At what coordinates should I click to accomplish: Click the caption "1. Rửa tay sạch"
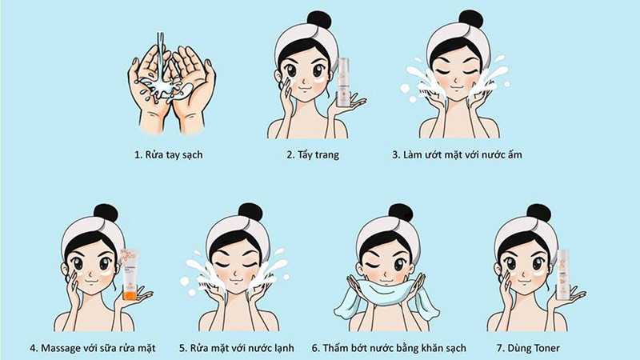click(x=169, y=154)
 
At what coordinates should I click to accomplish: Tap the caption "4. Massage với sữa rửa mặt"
click(x=94, y=348)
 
